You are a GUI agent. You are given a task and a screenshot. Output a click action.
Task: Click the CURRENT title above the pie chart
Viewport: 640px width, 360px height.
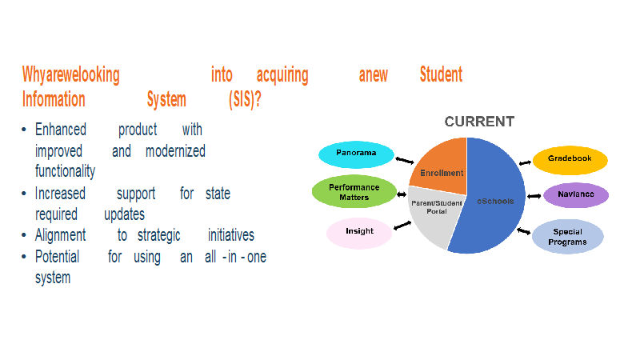tap(479, 122)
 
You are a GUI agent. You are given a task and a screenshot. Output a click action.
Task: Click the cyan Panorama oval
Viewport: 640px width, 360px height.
tap(356, 154)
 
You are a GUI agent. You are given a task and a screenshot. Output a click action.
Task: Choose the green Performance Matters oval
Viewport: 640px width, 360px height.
tap(354, 191)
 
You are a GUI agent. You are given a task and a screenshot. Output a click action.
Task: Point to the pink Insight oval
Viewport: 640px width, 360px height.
tap(359, 233)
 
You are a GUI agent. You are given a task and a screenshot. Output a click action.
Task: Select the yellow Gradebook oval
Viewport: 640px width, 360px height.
tap(570, 159)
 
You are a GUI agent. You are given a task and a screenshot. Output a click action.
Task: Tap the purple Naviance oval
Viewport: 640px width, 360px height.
tap(576, 195)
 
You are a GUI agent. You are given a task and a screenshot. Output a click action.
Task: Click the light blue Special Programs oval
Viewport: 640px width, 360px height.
tap(568, 237)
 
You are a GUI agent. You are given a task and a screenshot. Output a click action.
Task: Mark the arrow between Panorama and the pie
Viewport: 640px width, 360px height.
tap(405, 161)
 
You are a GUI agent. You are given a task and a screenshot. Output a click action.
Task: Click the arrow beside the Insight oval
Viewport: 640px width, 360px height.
tap(402, 226)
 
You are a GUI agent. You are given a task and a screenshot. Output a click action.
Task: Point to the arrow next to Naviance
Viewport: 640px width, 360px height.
tap(534, 196)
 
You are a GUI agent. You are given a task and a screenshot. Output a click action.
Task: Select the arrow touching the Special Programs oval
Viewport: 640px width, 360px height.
tap(524, 231)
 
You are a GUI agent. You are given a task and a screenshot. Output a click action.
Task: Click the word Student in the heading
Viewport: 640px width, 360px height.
tap(442, 74)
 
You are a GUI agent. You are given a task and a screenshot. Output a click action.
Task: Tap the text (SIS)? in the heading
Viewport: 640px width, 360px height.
tap(245, 99)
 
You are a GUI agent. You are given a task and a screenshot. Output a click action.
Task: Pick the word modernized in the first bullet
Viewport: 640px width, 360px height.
tap(175, 151)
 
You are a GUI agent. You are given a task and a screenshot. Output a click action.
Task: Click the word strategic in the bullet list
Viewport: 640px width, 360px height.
tap(158, 236)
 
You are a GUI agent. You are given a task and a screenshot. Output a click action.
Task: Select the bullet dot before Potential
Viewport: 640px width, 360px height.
tap(24, 257)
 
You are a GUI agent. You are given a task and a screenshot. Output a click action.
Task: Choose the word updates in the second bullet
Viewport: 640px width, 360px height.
tap(125, 214)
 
